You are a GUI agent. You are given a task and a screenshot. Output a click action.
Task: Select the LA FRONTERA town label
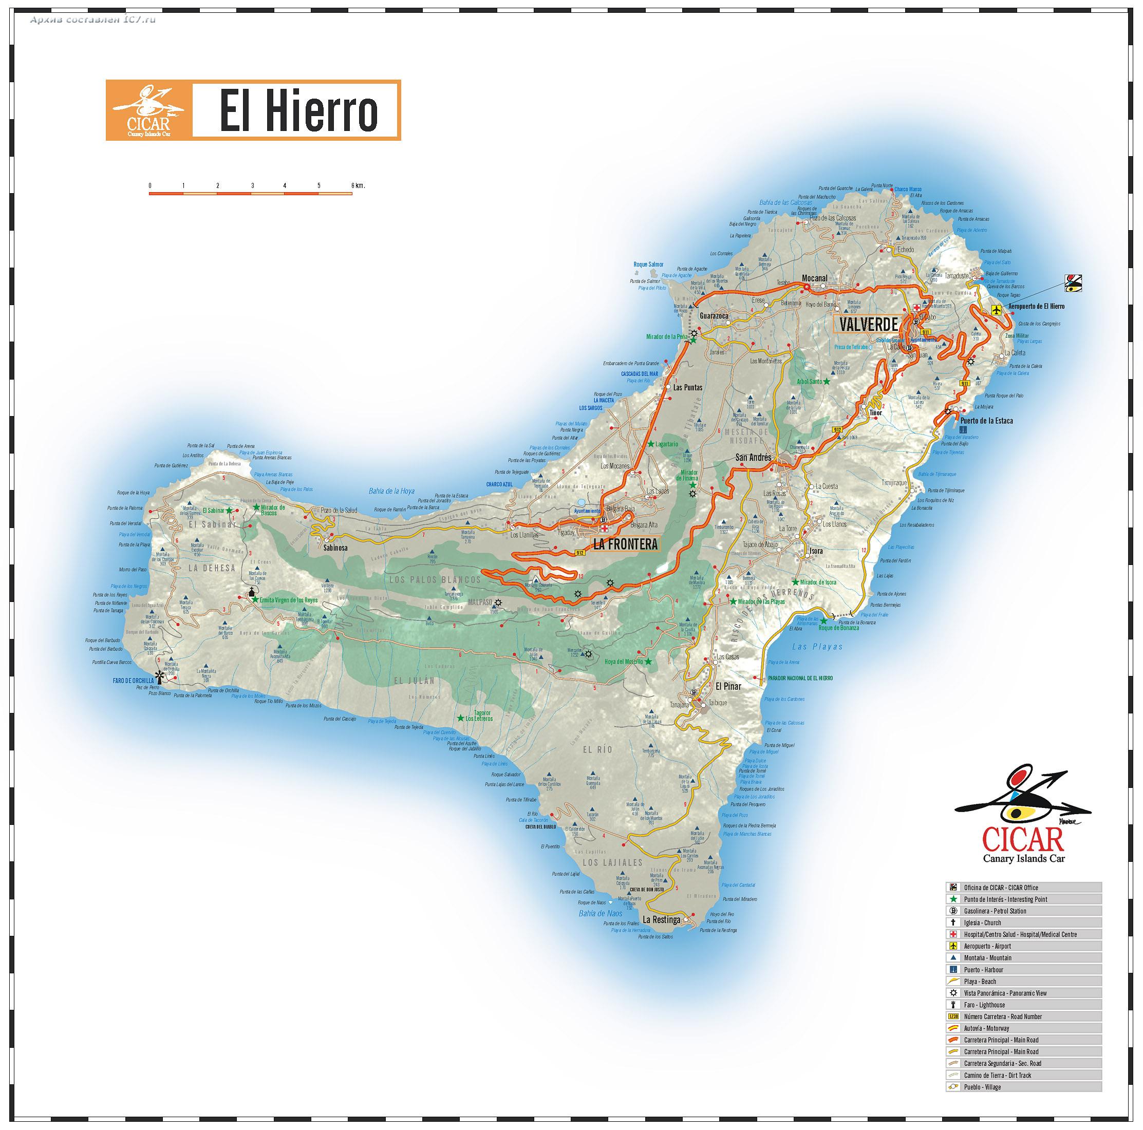tap(625, 544)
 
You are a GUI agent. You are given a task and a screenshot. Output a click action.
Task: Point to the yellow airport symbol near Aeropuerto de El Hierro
tap(996, 309)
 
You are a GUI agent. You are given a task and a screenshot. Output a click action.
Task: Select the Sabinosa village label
tap(335, 548)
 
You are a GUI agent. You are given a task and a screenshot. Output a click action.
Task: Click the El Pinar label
tap(728, 686)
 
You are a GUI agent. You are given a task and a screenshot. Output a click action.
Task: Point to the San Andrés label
tap(753, 457)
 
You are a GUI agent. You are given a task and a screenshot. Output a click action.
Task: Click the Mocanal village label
tap(814, 278)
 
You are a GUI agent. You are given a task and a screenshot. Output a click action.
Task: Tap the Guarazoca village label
tap(714, 316)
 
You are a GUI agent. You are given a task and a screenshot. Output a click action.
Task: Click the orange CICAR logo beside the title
tap(148, 110)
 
